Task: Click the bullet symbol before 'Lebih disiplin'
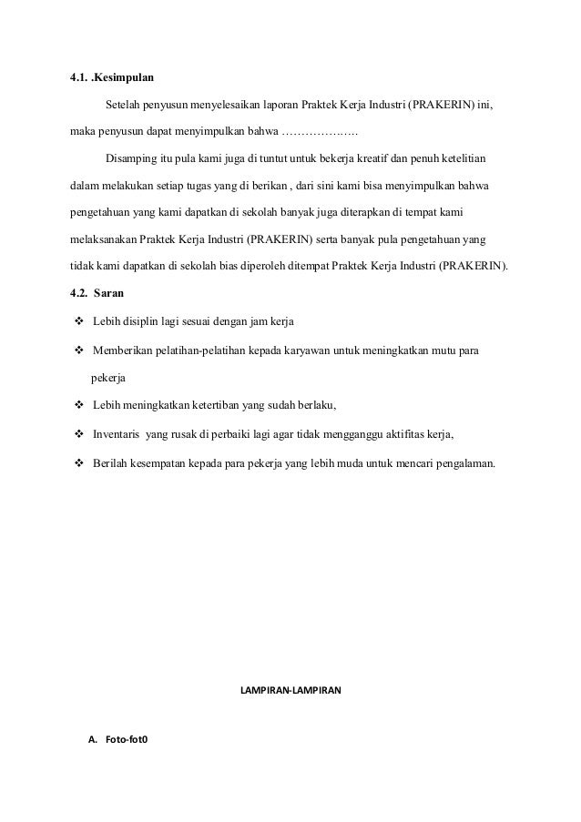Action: point(79,323)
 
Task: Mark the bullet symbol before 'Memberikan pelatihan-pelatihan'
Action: point(79,351)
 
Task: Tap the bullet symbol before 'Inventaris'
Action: point(79,434)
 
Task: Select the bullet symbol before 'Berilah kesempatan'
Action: point(79,462)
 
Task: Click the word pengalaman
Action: point(461,462)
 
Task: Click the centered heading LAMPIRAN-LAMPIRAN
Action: point(290,692)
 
